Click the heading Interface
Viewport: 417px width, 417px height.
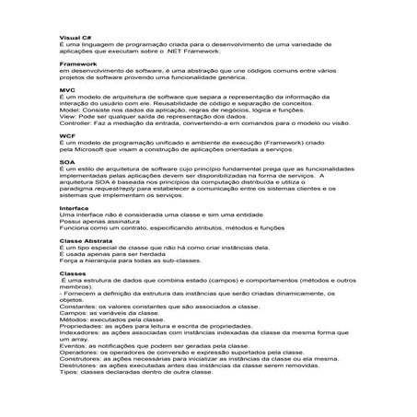point(74,208)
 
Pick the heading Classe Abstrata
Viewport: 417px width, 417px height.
point(84,239)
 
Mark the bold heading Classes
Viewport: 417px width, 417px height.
point(71,272)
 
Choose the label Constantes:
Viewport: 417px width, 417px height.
point(79,305)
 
